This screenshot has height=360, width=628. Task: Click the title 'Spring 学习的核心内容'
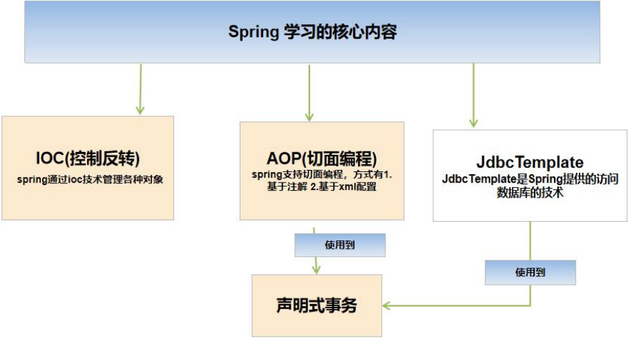pyautogui.click(x=312, y=32)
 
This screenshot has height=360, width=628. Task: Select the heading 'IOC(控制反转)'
pyautogui.click(x=88, y=158)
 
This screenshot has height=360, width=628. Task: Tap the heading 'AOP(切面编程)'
pyautogui.click(x=321, y=157)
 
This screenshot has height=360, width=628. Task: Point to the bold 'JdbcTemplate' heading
pyautogui.click(x=530, y=162)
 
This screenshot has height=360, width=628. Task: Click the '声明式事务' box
pyautogui.click(x=316, y=305)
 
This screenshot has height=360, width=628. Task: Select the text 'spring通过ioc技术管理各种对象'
pyautogui.click(x=88, y=179)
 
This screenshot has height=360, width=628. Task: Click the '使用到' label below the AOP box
pyautogui.click(x=339, y=245)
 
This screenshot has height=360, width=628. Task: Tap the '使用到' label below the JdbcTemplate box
pyautogui.click(x=530, y=272)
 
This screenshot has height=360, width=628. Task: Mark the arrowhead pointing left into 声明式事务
pyautogui.click(x=387, y=305)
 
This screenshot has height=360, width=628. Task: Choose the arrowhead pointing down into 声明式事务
pyautogui.click(x=316, y=269)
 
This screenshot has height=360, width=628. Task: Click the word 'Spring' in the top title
pyautogui.click(x=253, y=32)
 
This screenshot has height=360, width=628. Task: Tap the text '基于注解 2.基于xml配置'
pyautogui.click(x=321, y=187)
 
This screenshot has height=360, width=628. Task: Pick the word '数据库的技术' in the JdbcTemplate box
pyautogui.click(x=530, y=193)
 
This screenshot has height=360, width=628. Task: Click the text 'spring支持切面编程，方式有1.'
pyautogui.click(x=322, y=175)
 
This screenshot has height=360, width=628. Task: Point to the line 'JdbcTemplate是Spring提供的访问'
pyautogui.click(x=530, y=179)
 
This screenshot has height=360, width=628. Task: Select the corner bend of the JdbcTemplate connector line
pyautogui.click(x=530, y=305)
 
